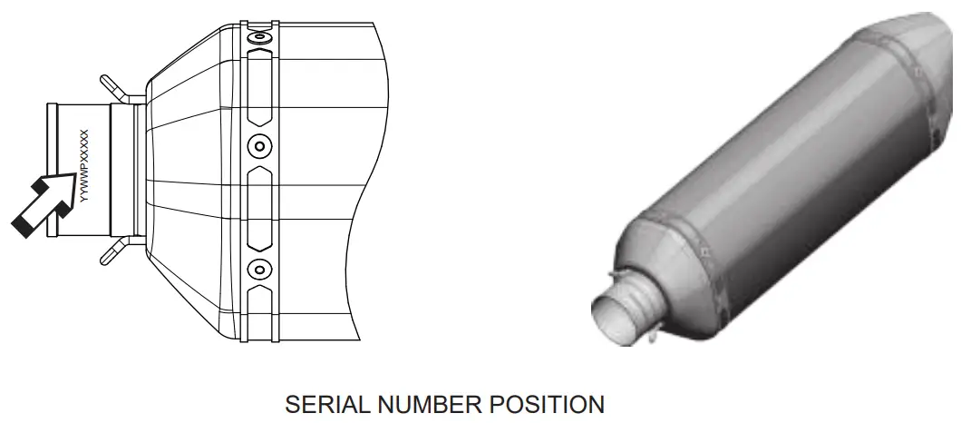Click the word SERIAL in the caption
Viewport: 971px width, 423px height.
coord(317,404)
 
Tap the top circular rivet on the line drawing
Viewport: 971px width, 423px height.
coord(260,41)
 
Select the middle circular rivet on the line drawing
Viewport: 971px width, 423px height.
coord(260,145)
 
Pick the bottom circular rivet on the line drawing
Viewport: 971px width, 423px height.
coord(260,268)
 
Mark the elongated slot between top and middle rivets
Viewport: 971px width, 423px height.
coord(260,91)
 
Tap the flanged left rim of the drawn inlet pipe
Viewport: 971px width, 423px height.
coord(52,171)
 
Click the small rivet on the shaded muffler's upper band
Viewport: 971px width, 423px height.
coord(918,69)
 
